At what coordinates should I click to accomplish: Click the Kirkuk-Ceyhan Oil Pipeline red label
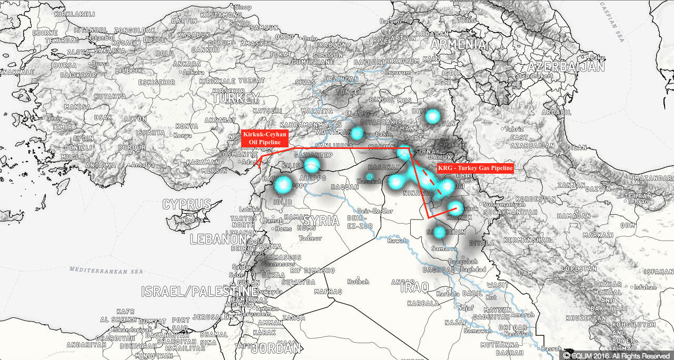265,138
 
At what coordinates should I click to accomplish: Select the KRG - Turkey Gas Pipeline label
475,168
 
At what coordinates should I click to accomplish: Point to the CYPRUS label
186,204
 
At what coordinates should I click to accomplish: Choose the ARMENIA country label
457,44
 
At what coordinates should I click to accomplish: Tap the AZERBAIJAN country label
566,67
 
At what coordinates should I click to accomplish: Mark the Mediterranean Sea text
106,271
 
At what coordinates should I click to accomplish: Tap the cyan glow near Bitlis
432,116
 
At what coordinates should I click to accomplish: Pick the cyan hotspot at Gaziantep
312,165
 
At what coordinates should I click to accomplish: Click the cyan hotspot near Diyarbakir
358,132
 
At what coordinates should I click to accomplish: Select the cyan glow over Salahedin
439,232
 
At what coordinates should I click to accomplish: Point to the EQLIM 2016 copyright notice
616,356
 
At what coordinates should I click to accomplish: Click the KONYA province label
186,126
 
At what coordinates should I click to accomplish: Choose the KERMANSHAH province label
527,240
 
